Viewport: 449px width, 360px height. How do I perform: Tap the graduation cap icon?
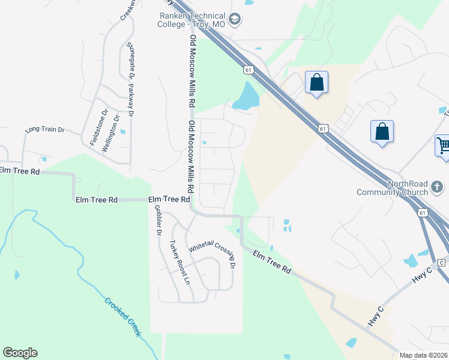(x=235, y=20)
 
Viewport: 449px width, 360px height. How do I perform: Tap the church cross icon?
(x=438, y=189)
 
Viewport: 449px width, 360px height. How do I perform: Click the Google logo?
(x=20, y=353)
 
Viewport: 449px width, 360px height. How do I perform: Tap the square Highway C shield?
(x=441, y=263)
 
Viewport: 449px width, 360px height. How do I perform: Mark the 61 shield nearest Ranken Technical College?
(x=248, y=70)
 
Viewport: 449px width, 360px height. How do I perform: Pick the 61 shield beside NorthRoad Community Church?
(x=423, y=212)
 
